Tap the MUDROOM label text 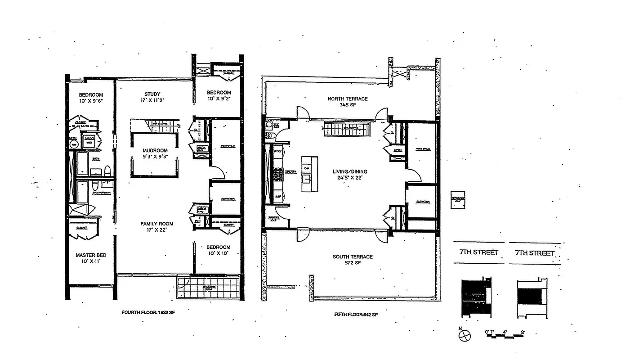pyautogui.click(x=155, y=151)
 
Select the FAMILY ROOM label pyautogui.click(x=156, y=224)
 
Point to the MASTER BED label pyautogui.click(x=91, y=255)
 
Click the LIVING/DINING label pyautogui.click(x=350, y=171)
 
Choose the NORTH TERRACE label pyautogui.click(x=347, y=99)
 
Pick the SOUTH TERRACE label pyautogui.click(x=353, y=257)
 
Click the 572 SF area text pyautogui.click(x=353, y=263)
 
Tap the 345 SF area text pyautogui.click(x=347, y=105)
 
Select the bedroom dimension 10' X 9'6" pyautogui.click(x=91, y=101)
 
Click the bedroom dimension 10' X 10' pyautogui.click(x=219, y=253)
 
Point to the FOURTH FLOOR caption pyautogui.click(x=148, y=312)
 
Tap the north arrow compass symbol pyautogui.click(x=466, y=335)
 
